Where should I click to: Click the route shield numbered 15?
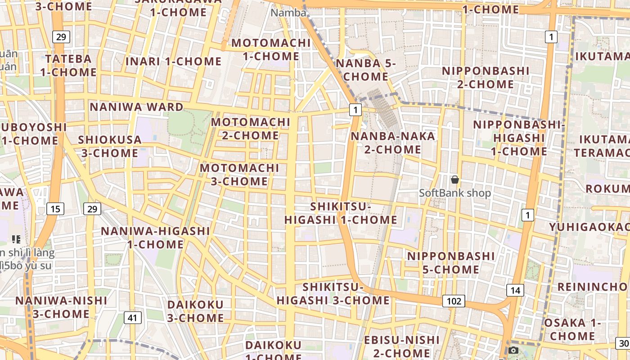pyautogui.click(x=55, y=209)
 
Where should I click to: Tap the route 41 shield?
pyautogui.click(x=132, y=318)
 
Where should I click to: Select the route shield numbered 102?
pyautogui.click(x=453, y=301)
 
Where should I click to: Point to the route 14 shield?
pyautogui.click(x=515, y=290)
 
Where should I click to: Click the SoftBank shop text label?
pyautogui.click(x=455, y=193)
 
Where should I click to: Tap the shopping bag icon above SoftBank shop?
pyautogui.click(x=455, y=180)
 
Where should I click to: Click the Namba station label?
pyautogui.click(x=288, y=13)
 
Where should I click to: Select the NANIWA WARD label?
pyautogui.click(x=136, y=107)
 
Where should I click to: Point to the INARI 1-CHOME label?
pyautogui.click(x=174, y=61)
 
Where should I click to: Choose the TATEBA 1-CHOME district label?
pyautogui.click(x=68, y=65)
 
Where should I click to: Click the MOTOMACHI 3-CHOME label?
pyautogui.click(x=239, y=175)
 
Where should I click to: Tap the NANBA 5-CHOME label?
pyautogui.click(x=365, y=70)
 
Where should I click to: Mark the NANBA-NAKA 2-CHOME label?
pyautogui.click(x=393, y=143)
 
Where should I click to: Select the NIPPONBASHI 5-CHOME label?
pyautogui.click(x=451, y=263)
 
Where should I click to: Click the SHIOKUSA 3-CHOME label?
pyautogui.click(x=110, y=146)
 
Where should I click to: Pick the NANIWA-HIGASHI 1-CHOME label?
pyautogui.click(x=155, y=238)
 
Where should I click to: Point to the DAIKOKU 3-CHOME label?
pyautogui.click(x=195, y=311)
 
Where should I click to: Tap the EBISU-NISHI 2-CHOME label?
pyautogui.click(x=401, y=346)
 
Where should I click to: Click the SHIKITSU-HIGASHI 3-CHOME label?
pyautogui.click(x=333, y=293)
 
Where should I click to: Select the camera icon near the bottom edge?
pyautogui.click(x=513, y=350)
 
